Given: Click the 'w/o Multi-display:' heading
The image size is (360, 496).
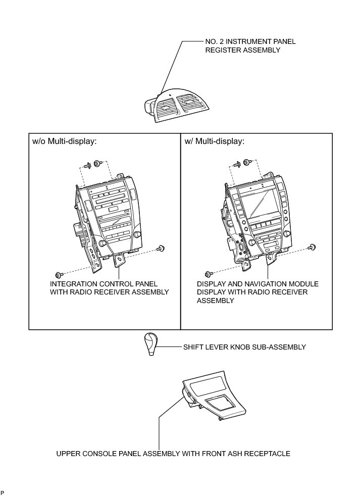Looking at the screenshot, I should [64, 141].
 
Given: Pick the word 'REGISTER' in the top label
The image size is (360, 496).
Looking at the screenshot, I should [222, 51].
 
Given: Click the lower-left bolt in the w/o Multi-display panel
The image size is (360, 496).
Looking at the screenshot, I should [59, 273].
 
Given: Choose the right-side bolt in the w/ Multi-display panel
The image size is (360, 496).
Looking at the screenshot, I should [313, 247].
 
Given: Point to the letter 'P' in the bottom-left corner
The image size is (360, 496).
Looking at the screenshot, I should [3, 492].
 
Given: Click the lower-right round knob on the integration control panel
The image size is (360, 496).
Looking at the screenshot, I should [137, 235].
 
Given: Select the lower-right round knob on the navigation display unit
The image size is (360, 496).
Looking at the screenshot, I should [287, 234].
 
